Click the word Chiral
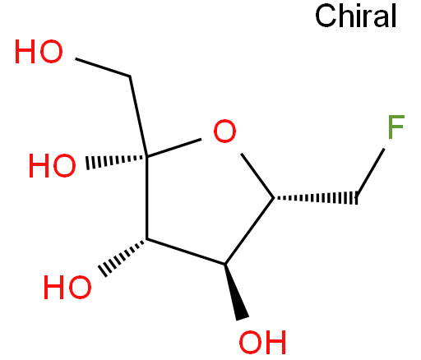click(x=356, y=16)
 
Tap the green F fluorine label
click(x=396, y=127)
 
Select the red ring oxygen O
click(x=224, y=131)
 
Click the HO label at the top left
click(x=39, y=52)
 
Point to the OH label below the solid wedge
click(x=262, y=342)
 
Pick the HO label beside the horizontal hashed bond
click(x=52, y=165)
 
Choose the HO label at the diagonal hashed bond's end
click(x=67, y=287)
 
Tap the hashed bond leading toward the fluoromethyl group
click(x=316, y=198)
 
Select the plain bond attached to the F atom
click(x=370, y=173)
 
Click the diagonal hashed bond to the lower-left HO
click(x=123, y=256)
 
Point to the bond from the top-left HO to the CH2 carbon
click(x=103, y=67)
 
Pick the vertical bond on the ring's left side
click(x=147, y=198)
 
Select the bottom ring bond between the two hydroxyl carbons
click(x=186, y=252)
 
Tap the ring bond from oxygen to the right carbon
click(x=257, y=176)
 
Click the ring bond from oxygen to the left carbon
click(x=174, y=148)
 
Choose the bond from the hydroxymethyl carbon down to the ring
click(x=138, y=116)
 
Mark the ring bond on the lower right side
click(x=249, y=231)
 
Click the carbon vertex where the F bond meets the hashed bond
click(x=357, y=198)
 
